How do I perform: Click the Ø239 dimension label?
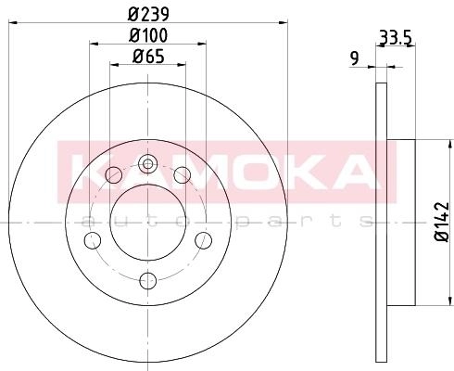148,14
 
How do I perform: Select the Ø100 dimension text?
148,35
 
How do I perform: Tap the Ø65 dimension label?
148,57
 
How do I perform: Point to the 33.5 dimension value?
396,38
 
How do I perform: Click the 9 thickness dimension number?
355,58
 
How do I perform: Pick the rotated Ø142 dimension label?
441,222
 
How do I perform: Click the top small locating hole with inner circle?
148,163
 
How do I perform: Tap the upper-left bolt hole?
114,175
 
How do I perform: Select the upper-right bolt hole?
183,175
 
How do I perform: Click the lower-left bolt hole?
93,240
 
